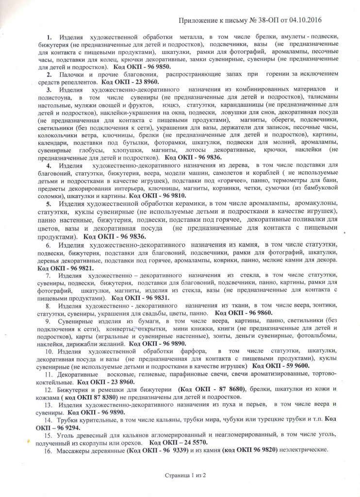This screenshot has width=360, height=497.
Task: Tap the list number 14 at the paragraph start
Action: pos(48,418)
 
